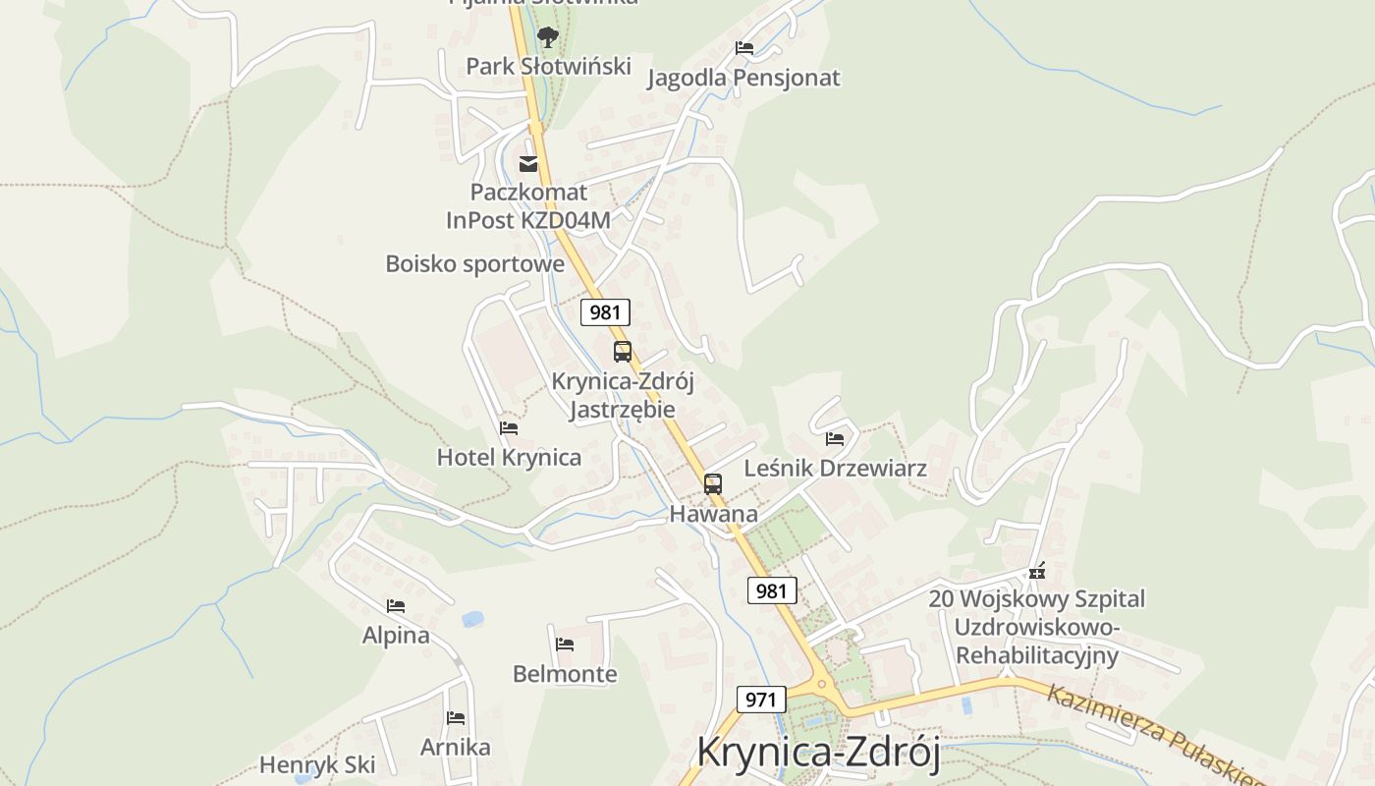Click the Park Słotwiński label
(x=548, y=67)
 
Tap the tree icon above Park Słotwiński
(x=548, y=38)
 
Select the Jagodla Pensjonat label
(x=743, y=79)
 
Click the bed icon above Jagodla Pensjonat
(x=744, y=48)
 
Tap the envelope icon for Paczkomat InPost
(x=528, y=163)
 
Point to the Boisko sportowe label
(x=474, y=264)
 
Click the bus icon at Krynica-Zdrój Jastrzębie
(x=623, y=352)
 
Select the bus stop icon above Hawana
(x=713, y=484)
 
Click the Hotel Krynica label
(x=509, y=458)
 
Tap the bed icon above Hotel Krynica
(x=509, y=428)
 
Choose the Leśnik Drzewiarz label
(x=835, y=469)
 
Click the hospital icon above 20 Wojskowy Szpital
(x=1037, y=571)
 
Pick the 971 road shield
(x=762, y=701)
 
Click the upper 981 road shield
(x=605, y=313)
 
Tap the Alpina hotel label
(x=396, y=636)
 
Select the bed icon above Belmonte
(x=565, y=645)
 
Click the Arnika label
(x=456, y=748)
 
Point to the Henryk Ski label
(x=317, y=765)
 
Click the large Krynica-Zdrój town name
(x=818, y=753)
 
